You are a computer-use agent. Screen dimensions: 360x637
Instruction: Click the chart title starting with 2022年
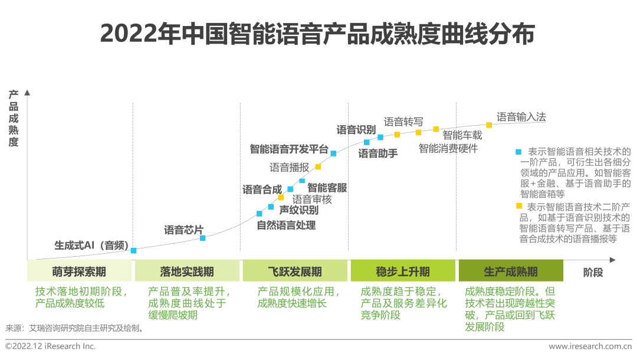[317, 34]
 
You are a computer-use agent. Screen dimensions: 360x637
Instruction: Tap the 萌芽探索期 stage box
[79, 271]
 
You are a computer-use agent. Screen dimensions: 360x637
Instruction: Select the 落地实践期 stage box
[187, 271]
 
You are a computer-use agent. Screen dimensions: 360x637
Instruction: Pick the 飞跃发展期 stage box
[295, 271]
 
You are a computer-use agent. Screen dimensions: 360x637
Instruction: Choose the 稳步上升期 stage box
[403, 271]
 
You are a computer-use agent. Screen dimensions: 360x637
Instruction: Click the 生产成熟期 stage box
[511, 271]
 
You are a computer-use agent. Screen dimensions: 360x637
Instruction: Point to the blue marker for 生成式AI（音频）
[134, 250]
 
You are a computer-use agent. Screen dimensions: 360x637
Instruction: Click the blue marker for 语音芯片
[203, 238]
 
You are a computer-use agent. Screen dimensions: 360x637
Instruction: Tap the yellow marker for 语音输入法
[489, 125]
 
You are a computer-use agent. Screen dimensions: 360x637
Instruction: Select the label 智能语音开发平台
[289, 149]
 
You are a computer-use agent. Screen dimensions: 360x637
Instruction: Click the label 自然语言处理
[286, 225]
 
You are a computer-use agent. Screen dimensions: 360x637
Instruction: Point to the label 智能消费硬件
[448, 149]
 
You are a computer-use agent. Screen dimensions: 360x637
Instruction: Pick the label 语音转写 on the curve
[403, 122]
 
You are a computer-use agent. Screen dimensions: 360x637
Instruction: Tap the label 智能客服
[327, 188]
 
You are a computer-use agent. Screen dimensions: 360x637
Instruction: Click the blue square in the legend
[518, 152]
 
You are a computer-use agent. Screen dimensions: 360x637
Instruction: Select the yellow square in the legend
[519, 206]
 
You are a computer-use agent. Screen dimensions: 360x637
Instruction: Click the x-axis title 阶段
[593, 272]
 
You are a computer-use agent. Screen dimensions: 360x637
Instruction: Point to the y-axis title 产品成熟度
[14, 119]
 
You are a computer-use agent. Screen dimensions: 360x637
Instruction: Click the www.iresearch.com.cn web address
[590, 346]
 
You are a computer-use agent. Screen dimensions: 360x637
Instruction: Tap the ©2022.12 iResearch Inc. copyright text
[51, 346]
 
